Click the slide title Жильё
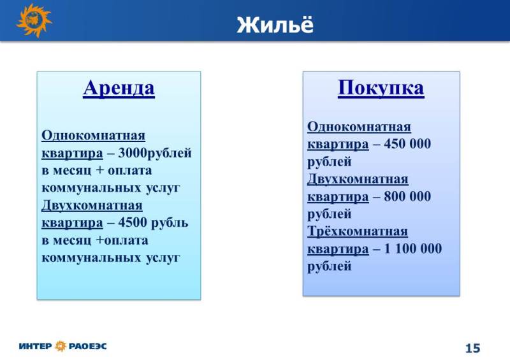tap(275, 24)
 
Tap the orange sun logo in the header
tap(34, 20)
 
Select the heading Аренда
tap(119, 88)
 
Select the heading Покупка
tap(381, 88)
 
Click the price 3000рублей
tap(155, 153)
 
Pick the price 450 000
tap(407, 144)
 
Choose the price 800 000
tap(407, 196)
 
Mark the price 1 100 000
tap(412, 248)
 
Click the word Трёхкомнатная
tap(358, 231)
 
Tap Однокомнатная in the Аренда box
tap(93, 135)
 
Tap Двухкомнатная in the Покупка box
tap(358, 179)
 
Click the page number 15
tap(472, 349)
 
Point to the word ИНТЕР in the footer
tap(36, 347)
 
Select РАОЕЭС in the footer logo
tap(87, 347)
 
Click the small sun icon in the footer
tap(61, 346)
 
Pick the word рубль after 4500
tap(170, 223)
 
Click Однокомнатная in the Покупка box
tap(359, 127)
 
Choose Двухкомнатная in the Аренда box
tap(92, 206)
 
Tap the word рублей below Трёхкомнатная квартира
tap(330, 266)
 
